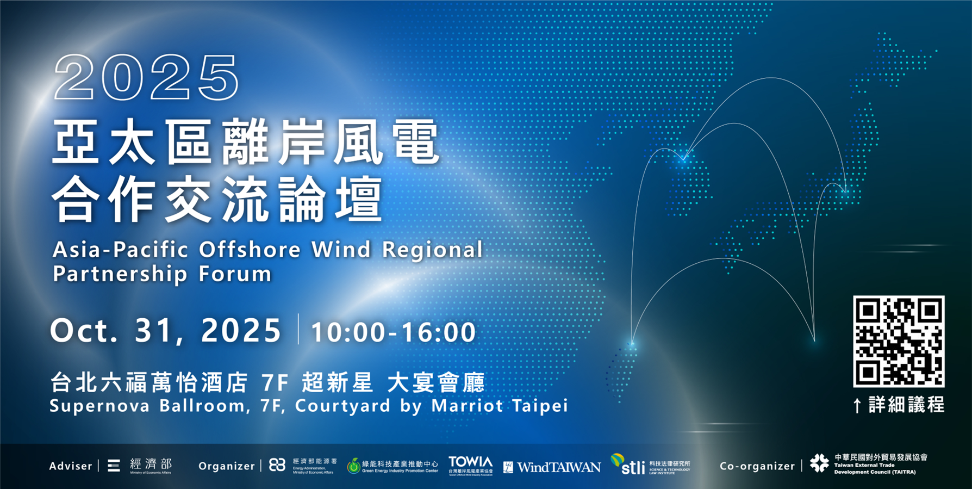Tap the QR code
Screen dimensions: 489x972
click(x=898, y=341)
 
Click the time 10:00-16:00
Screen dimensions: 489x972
click(x=393, y=332)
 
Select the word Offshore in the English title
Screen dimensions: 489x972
click(x=250, y=250)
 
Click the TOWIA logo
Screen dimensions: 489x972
click(x=471, y=466)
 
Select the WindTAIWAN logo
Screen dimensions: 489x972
click(x=552, y=467)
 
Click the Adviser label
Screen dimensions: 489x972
click(x=71, y=466)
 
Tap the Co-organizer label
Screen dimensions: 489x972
click(x=757, y=466)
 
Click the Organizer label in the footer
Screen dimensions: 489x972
click(x=226, y=466)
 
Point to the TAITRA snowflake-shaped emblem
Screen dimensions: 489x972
click(x=819, y=463)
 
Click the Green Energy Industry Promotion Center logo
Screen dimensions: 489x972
click(x=392, y=466)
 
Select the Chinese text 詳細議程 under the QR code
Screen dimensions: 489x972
click(x=906, y=405)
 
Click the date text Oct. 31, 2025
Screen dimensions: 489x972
click(x=166, y=331)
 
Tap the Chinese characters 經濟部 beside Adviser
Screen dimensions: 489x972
click(x=151, y=464)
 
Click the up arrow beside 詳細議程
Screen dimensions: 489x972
click(x=857, y=405)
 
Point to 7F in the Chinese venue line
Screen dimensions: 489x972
click(x=275, y=383)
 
